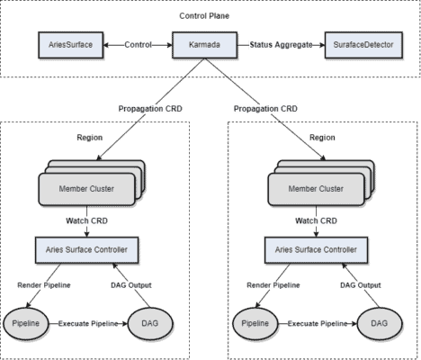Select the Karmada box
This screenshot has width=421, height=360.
pos(210,43)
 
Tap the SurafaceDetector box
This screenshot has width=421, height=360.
pos(358,43)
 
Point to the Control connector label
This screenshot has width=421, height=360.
pos(139,43)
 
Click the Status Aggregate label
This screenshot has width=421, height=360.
pos(282,43)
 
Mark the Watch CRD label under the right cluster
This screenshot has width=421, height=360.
pos(317,220)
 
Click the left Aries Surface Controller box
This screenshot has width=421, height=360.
pos(87,248)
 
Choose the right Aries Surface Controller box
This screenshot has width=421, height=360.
pos(317,248)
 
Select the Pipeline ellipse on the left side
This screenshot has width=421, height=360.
pos(27,323)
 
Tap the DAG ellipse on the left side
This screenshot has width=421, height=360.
pos(150,323)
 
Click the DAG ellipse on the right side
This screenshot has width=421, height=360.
pos(380,323)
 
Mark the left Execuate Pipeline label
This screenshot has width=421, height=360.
pos(88,323)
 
